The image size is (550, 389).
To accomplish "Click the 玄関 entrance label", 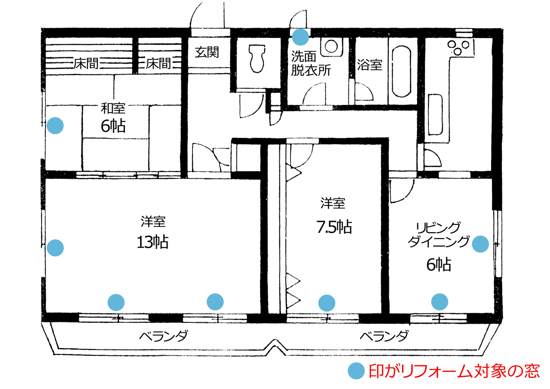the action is (x=207, y=52).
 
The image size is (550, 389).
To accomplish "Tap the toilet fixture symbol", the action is (x=257, y=58).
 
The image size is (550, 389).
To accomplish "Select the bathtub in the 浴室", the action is (x=401, y=71).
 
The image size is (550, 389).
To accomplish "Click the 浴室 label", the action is (x=370, y=65).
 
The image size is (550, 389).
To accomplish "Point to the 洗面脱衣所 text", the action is (x=311, y=63).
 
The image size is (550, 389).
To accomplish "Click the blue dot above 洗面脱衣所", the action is (x=300, y=37).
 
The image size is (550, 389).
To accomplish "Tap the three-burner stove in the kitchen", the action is (x=458, y=47).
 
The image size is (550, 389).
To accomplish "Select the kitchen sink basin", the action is (x=435, y=115).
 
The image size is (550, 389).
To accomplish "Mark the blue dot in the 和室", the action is (x=55, y=126).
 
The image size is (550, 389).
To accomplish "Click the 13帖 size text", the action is (x=153, y=242).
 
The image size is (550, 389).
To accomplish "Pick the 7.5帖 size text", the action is (x=334, y=227).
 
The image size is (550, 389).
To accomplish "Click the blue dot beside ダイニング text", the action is (x=480, y=244).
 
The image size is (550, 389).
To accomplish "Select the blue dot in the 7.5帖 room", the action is (x=327, y=303).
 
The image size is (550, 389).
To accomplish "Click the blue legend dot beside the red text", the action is (x=356, y=371).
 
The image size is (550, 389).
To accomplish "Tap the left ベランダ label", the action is (x=164, y=336).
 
